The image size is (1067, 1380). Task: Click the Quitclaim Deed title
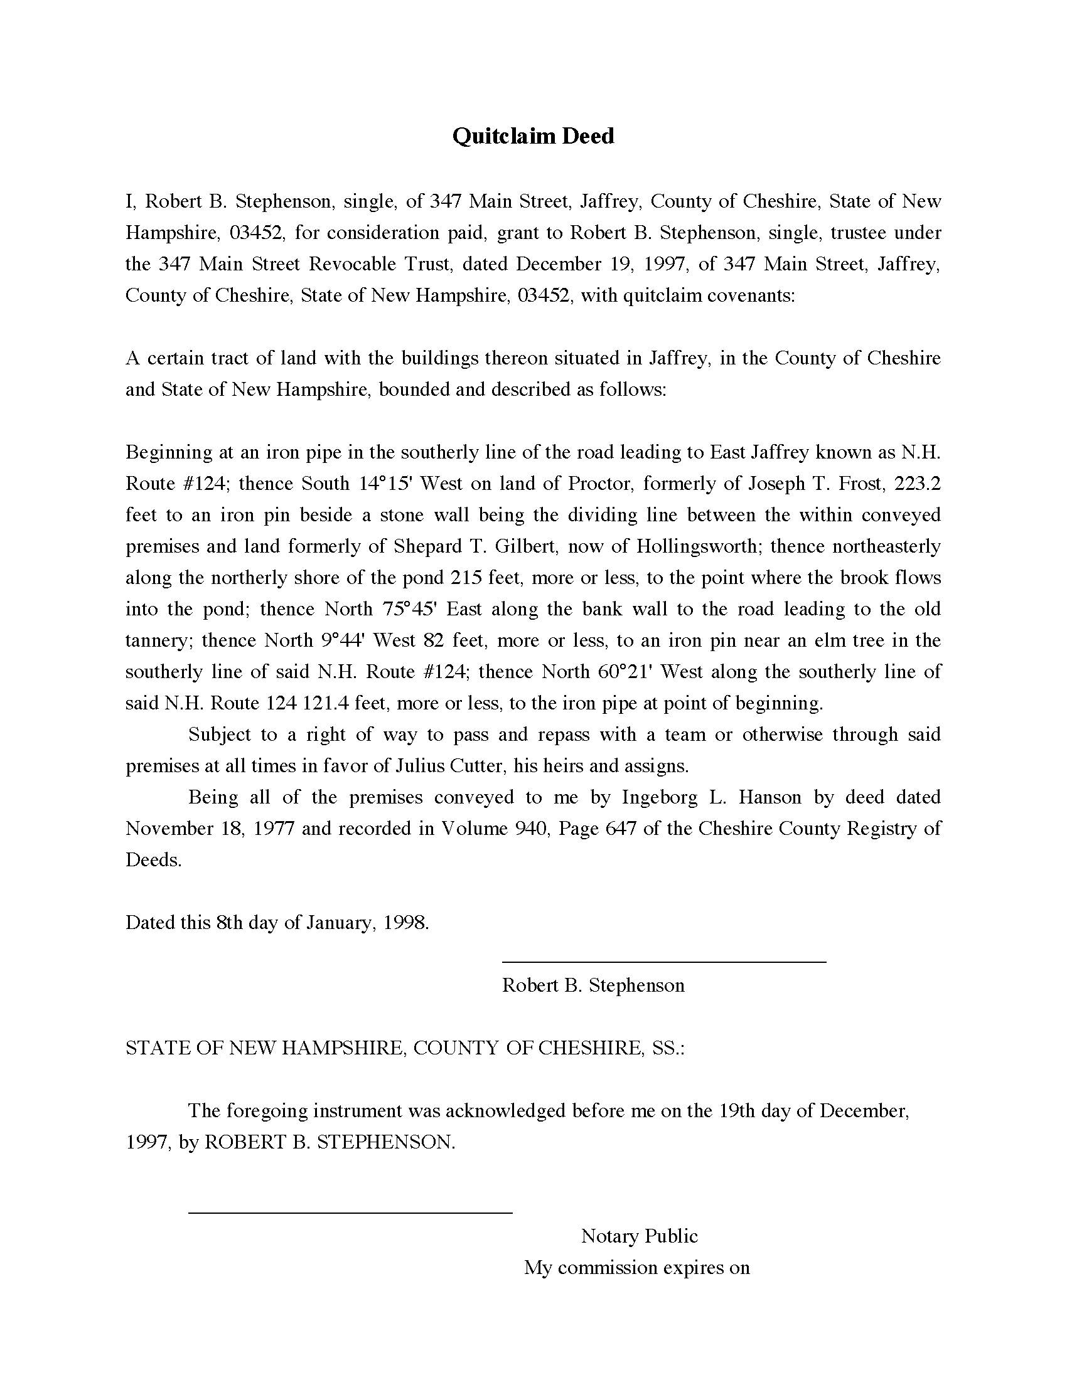click(533, 137)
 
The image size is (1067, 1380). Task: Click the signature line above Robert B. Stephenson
click(663, 962)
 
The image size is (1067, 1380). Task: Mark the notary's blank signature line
click(350, 1213)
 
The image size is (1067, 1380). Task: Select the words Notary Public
click(639, 1236)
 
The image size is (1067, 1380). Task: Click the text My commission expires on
click(636, 1268)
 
